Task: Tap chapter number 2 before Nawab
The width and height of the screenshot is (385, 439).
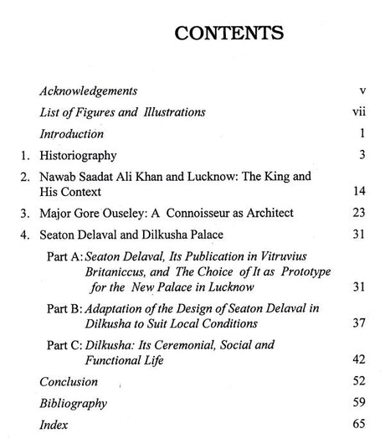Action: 26,178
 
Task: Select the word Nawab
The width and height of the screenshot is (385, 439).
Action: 62,178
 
